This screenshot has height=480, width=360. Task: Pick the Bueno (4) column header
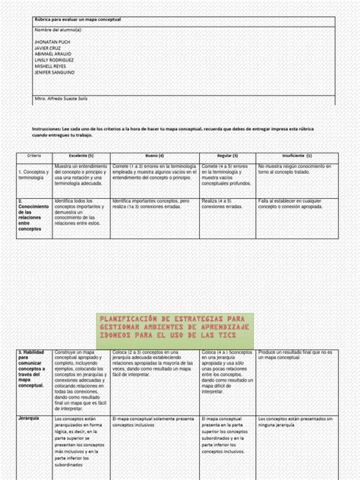pos(154,155)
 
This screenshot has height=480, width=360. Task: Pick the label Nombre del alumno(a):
pos(60,33)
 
